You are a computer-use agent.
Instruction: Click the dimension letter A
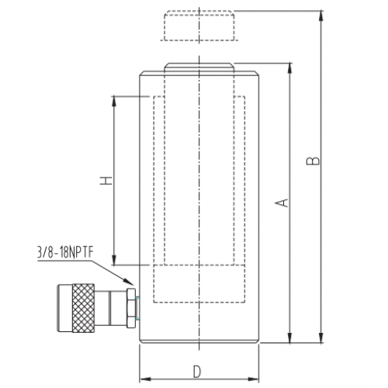(282, 203)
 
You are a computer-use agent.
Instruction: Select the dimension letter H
(106, 181)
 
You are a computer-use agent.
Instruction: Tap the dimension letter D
(197, 372)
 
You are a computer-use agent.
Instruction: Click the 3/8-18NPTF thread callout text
(65, 252)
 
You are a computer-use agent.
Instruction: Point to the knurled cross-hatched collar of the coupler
(83, 308)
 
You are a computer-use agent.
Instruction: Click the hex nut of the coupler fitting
(131, 308)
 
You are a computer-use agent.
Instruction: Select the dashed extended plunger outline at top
(199, 26)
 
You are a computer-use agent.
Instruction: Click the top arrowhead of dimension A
(290, 68)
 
